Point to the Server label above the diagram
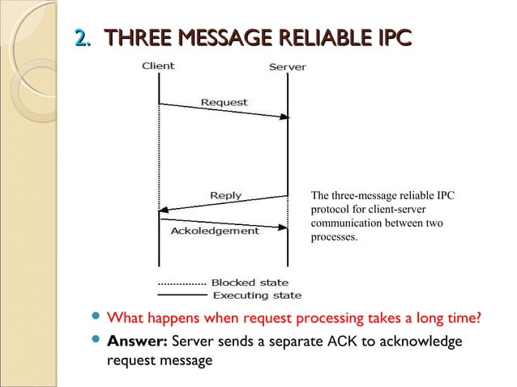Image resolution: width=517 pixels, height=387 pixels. pos(287,66)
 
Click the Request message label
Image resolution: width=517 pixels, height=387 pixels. pos(224,103)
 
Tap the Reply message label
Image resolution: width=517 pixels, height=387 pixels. pos(225,195)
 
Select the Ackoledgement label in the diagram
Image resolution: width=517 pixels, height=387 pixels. pos(215,231)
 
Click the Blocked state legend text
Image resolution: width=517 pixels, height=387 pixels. pos(250,283)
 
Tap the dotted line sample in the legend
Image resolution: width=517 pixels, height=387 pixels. pos(181,284)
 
